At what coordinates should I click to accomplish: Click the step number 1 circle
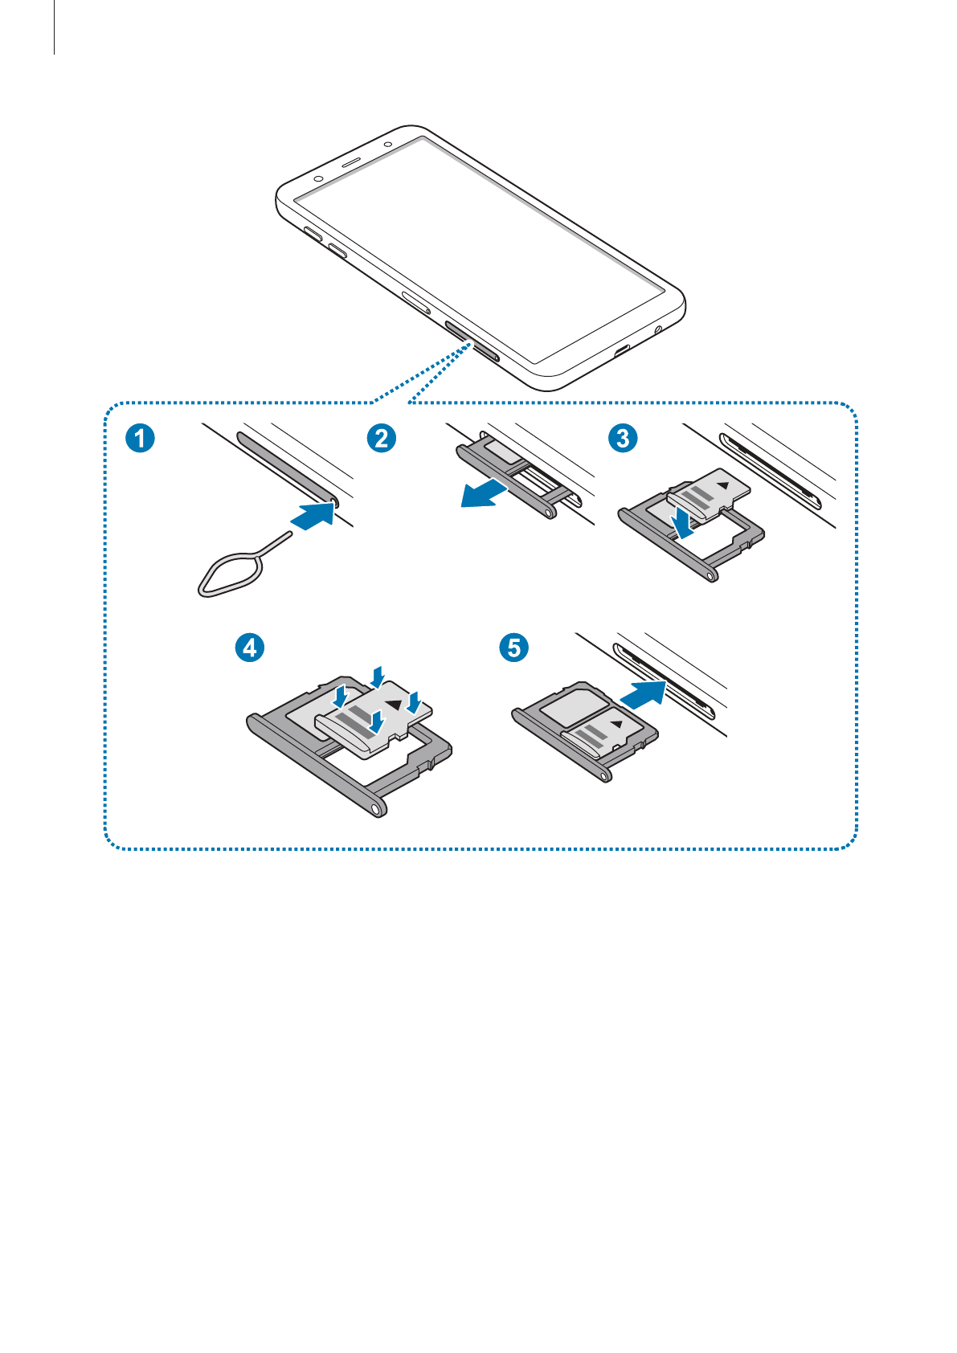[x=140, y=438]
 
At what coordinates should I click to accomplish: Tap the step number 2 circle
[x=381, y=438]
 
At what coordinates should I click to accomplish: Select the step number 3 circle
[x=623, y=438]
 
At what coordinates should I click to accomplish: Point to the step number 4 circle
[x=250, y=648]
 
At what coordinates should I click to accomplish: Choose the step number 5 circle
[x=513, y=648]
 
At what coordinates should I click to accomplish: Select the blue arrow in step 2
[x=484, y=493]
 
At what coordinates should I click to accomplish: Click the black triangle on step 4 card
[x=394, y=705]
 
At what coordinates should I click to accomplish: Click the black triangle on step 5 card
[x=617, y=724]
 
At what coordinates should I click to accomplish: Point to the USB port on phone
[x=622, y=349]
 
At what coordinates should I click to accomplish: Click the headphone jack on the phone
[x=658, y=329]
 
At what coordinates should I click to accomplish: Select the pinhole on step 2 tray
[x=549, y=513]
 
